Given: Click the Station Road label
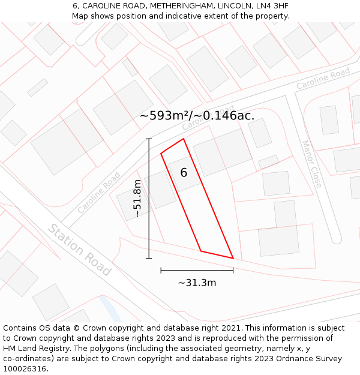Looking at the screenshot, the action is pyautogui.click(x=80, y=250).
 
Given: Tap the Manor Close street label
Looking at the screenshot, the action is pyautogui.click(x=312, y=164).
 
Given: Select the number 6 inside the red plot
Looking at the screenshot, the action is pyautogui.click(x=184, y=173).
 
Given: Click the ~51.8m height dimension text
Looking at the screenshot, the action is pyautogui.click(x=137, y=198).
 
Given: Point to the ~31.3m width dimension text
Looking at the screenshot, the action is pyautogui.click(x=197, y=283).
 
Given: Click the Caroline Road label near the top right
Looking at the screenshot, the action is pyautogui.click(x=323, y=79).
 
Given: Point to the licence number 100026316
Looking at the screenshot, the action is pyautogui.click(x=26, y=369).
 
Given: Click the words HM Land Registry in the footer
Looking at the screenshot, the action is pyautogui.click(x=34, y=349).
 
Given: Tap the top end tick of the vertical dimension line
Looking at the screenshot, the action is pyautogui.click(x=149, y=139).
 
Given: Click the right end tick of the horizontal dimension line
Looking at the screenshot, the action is pyautogui.click(x=233, y=270).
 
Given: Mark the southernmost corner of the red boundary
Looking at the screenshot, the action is pyautogui.click(x=233, y=258).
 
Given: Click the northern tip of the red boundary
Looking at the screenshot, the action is pyautogui.click(x=183, y=139).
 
